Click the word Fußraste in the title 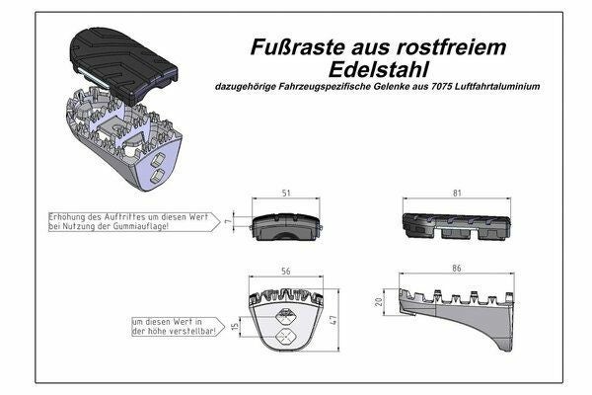[x=298, y=47]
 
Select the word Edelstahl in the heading [x=379, y=69]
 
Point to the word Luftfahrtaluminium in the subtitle [x=497, y=86]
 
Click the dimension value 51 [x=286, y=194]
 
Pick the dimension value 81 [x=457, y=194]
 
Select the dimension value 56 [x=286, y=272]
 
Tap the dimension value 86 [x=457, y=269]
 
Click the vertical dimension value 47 [x=333, y=321]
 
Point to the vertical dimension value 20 [x=379, y=301]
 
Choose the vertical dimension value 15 [x=235, y=326]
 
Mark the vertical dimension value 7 [x=228, y=221]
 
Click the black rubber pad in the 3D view [x=123, y=65]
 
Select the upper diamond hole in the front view [x=286, y=315]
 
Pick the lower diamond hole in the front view [x=286, y=337]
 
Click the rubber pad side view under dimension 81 [x=457, y=226]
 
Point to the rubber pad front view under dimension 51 [x=286, y=227]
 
